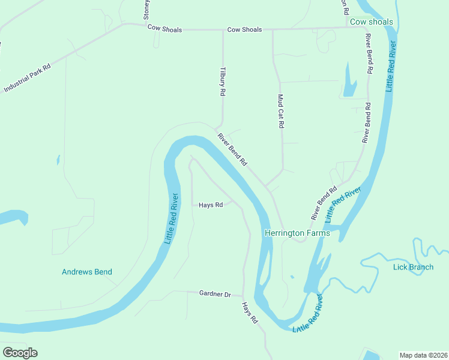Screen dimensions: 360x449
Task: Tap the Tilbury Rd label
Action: (223, 82)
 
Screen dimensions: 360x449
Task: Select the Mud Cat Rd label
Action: (280, 111)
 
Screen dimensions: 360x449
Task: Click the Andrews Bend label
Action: (87, 272)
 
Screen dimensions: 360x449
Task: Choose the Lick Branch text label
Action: (413, 267)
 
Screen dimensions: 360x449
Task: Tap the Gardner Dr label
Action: (215, 294)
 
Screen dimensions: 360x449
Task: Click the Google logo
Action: (20, 353)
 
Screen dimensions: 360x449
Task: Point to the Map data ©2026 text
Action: (423, 355)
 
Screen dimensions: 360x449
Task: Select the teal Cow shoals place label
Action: (372, 22)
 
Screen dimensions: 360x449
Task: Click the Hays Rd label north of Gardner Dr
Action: (211, 205)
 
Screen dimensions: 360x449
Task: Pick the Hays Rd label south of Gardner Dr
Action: (250, 313)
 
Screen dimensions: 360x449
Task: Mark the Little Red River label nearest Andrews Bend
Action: (172, 217)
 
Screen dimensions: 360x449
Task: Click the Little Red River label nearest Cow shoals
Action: (391, 66)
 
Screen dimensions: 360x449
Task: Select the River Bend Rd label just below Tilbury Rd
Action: (232, 149)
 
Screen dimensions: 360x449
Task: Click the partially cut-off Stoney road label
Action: (146, 10)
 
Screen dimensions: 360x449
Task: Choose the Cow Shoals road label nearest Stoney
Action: (164, 29)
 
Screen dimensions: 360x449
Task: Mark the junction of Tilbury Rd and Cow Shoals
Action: (223, 29)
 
